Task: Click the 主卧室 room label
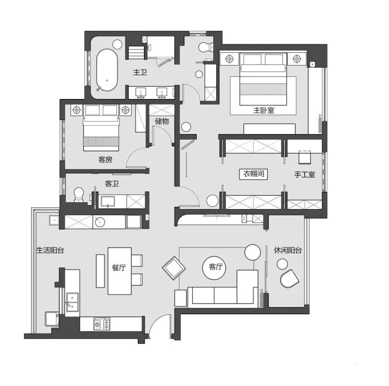pyautogui.click(x=263, y=110)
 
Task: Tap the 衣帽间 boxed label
pyautogui.click(x=253, y=174)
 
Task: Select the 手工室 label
pyautogui.click(x=305, y=175)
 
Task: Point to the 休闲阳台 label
pyautogui.click(x=288, y=250)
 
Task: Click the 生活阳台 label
pyautogui.click(x=50, y=250)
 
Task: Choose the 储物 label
pyautogui.click(x=162, y=121)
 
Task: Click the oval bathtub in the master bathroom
pyautogui.click(x=107, y=70)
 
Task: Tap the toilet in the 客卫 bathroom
pyautogui.click(x=79, y=195)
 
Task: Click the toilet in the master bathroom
pyautogui.click(x=206, y=47)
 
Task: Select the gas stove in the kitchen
pyautogui.click(x=102, y=324)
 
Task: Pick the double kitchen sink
pyautogui.click(x=72, y=302)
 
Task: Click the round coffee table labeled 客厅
pyautogui.click(x=215, y=268)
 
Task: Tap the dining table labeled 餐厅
pyautogui.click(x=119, y=271)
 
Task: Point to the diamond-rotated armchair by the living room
pyautogui.click(x=173, y=268)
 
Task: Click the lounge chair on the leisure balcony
pyautogui.click(x=289, y=279)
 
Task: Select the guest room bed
pyautogui.click(x=101, y=128)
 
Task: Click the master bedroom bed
pyautogui.click(x=263, y=79)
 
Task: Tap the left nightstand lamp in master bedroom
pyautogui.click(x=230, y=59)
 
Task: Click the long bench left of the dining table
pyautogui.click(x=100, y=271)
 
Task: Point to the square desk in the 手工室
pyautogui.click(x=305, y=157)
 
